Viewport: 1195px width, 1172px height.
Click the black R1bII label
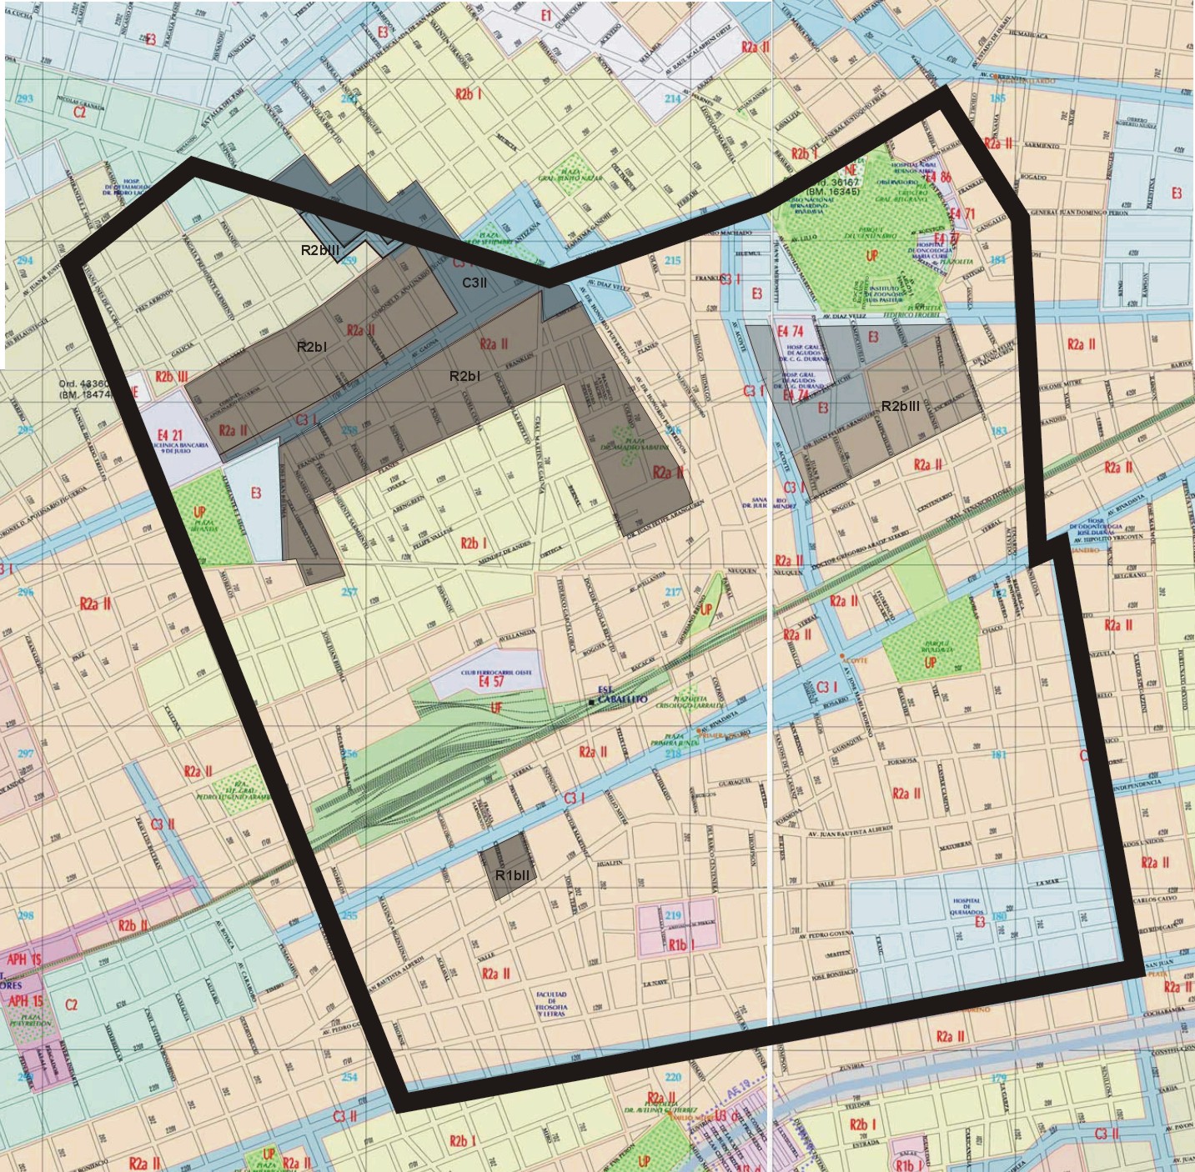tap(511, 875)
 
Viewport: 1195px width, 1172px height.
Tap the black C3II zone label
tap(474, 283)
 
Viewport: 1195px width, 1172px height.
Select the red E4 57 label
tap(490, 682)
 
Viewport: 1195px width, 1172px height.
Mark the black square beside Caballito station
tap(591, 703)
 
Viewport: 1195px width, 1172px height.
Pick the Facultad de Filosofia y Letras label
tap(551, 1004)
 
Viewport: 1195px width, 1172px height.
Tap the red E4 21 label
tap(169, 435)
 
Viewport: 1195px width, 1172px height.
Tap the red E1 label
tap(545, 16)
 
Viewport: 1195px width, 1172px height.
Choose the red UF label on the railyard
tap(496, 709)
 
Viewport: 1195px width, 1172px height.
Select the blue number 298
tap(25, 915)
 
